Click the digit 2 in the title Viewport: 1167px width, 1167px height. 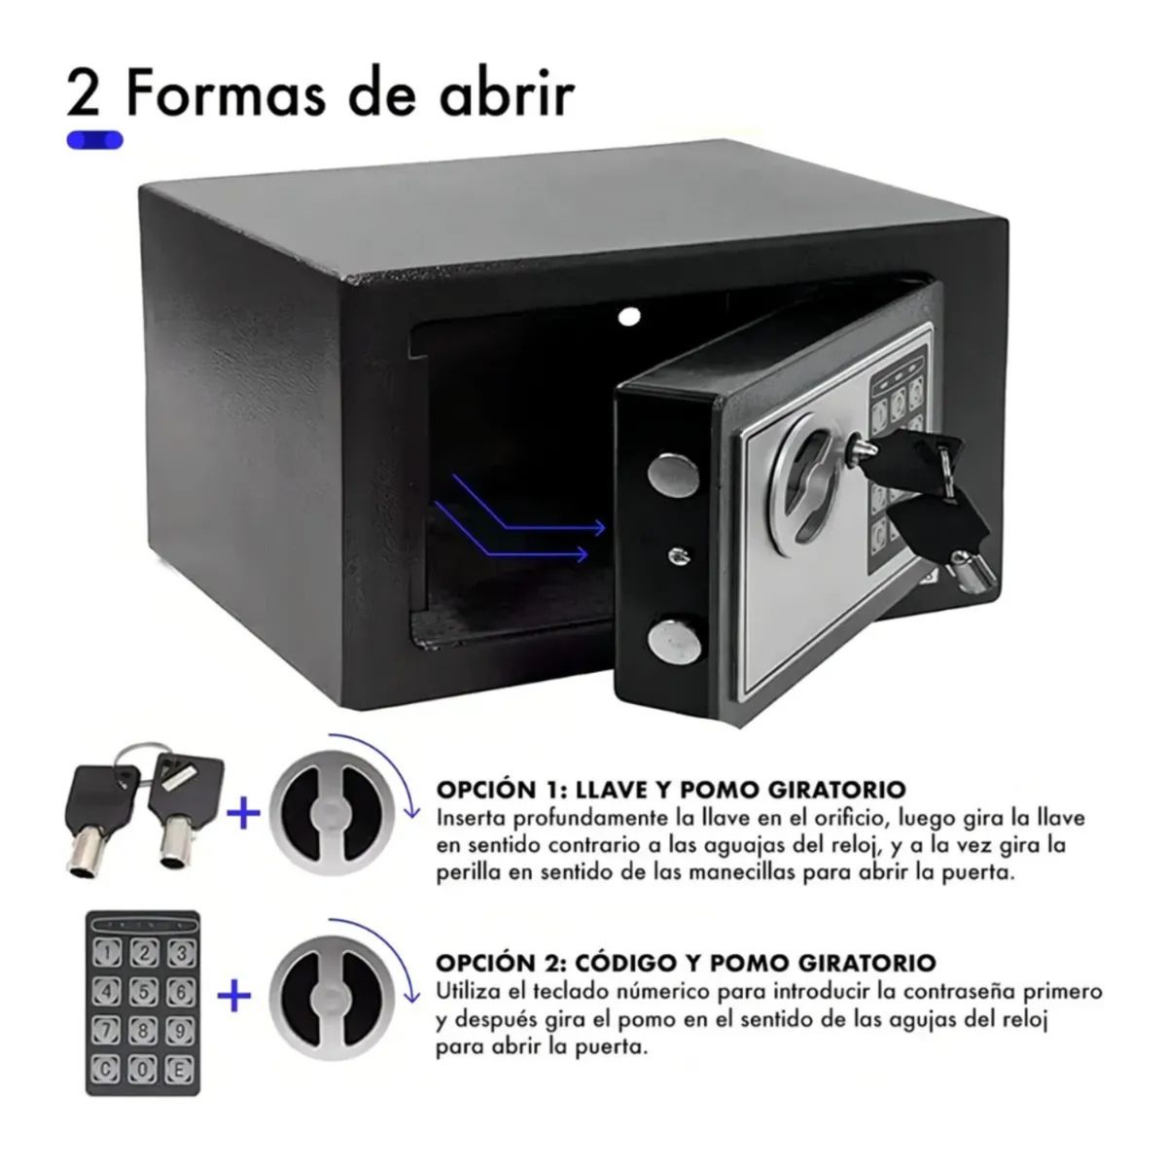point(87,93)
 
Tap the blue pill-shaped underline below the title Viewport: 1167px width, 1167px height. point(94,140)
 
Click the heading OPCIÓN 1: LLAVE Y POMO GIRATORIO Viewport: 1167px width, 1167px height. point(671,788)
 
